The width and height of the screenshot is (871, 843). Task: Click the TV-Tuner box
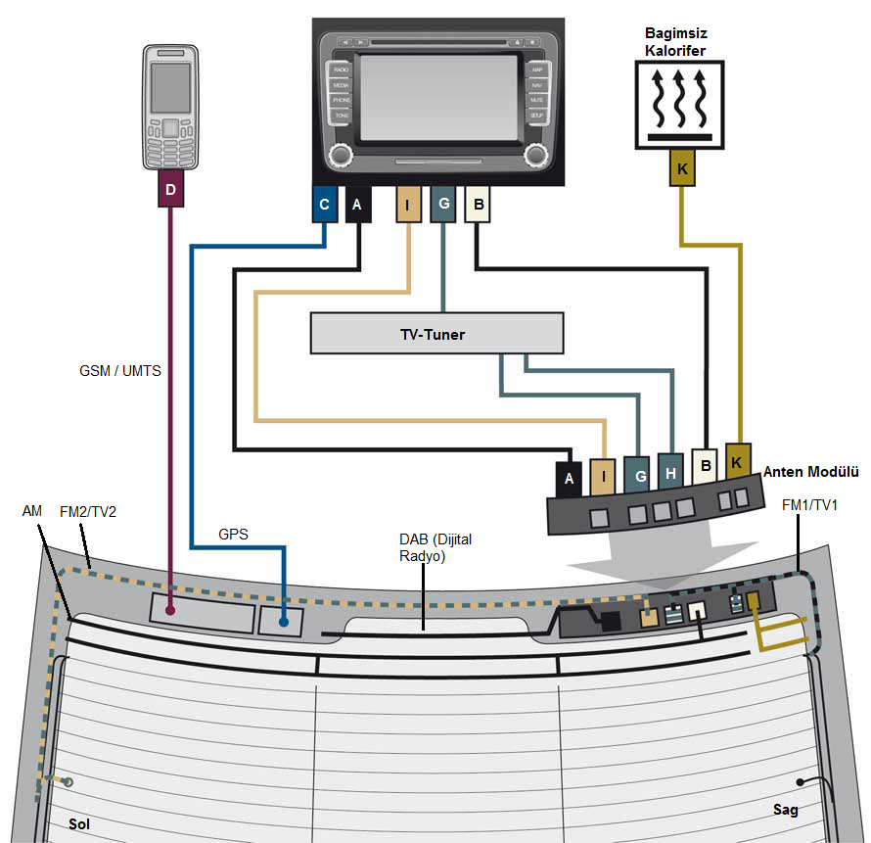(436, 334)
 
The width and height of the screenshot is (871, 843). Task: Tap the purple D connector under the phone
(170, 190)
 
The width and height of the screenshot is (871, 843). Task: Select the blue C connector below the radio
(325, 205)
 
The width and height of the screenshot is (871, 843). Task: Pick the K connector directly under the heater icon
(682, 169)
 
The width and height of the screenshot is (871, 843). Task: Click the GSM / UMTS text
(119, 371)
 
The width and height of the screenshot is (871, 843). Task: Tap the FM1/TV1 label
(811, 505)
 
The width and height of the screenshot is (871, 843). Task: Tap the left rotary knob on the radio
(341, 155)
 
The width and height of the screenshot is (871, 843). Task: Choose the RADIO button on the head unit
(341, 70)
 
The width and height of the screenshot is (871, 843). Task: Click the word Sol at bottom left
(79, 824)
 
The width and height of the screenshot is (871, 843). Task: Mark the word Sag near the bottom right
(786, 810)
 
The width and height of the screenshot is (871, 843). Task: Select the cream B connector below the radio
(479, 204)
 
